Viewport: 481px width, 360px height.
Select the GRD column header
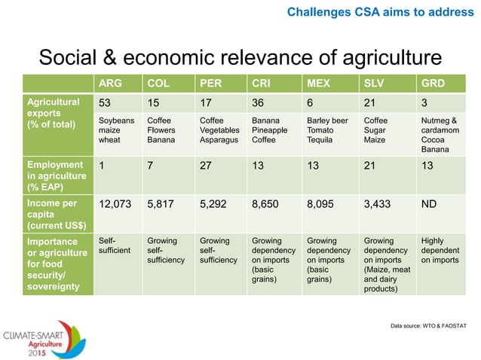pyautogui.click(x=433, y=82)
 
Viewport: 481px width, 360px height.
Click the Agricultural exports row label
pyautogui.click(x=53, y=112)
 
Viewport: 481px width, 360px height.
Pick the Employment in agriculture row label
pyautogui.click(x=54, y=175)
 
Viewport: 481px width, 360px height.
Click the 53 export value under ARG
pyautogui.click(x=106, y=102)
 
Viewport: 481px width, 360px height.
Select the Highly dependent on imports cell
pyautogui.click(x=438, y=251)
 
